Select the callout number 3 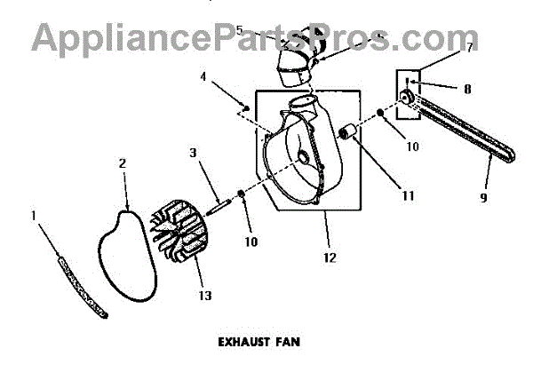pyautogui.click(x=191, y=154)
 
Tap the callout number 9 pyautogui.click(x=484, y=198)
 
